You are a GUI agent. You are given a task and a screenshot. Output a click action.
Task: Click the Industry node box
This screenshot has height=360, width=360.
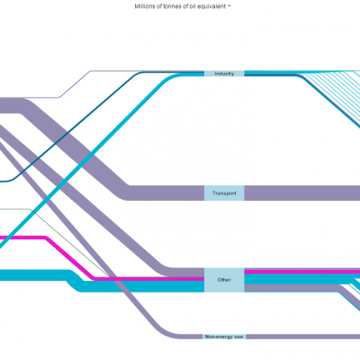224,74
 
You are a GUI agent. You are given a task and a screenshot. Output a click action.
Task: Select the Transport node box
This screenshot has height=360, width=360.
224,193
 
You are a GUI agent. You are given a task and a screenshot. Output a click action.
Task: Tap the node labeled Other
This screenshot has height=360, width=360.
224,280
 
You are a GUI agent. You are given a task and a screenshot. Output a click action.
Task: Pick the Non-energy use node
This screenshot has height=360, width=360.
224,337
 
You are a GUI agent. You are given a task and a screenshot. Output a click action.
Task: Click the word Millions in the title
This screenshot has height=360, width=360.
145,6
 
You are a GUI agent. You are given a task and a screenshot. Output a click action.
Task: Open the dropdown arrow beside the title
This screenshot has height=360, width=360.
229,5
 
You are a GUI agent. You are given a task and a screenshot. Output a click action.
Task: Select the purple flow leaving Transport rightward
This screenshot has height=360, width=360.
302,193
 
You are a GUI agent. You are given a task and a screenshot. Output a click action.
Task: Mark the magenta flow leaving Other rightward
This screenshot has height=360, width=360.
302,272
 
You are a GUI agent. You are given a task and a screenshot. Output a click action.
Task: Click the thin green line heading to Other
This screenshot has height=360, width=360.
70,243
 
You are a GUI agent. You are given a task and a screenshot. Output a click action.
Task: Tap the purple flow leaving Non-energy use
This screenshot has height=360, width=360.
303,337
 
